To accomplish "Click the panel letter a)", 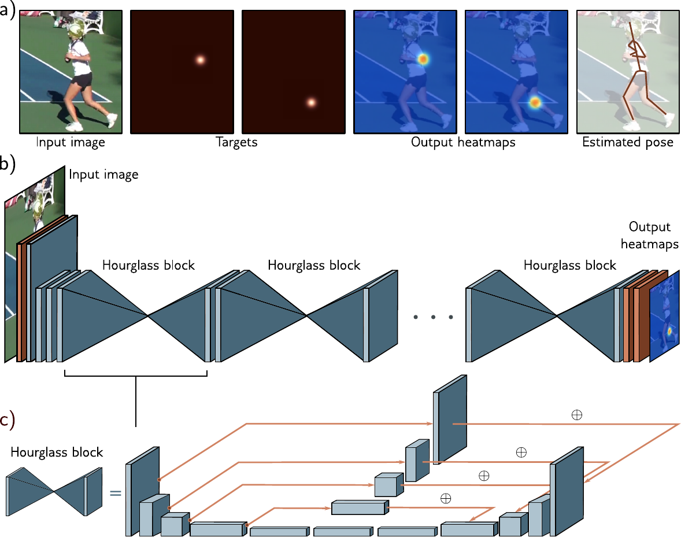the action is pyautogui.click(x=7, y=10).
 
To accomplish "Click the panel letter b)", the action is pyautogui.click(x=8, y=164).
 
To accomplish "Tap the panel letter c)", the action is pyautogui.click(x=8, y=421).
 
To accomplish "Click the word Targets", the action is pyautogui.click(x=236, y=142).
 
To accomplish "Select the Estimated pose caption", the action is pyautogui.click(x=628, y=142).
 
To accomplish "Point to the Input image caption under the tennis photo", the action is pyautogui.click(x=71, y=142).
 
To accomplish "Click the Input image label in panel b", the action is pyautogui.click(x=103, y=174).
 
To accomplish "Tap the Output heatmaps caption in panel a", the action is pyautogui.click(x=463, y=142).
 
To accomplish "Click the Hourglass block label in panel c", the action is pyautogui.click(x=57, y=452).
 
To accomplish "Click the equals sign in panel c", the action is pyautogui.click(x=115, y=493).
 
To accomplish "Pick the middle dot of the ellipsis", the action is pyautogui.click(x=433, y=317).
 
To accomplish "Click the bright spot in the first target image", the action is pyautogui.click(x=200, y=60).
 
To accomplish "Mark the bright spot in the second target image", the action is pyautogui.click(x=311, y=102).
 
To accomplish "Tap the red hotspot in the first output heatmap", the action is pyautogui.click(x=423, y=59).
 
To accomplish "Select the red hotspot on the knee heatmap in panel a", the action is pyautogui.click(x=535, y=102).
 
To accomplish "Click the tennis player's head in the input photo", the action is pyautogui.click(x=76, y=30).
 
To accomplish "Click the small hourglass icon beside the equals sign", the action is pyautogui.click(x=54, y=491).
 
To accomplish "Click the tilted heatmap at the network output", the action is pyautogui.click(x=664, y=316).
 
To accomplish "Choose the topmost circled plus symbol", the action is pyautogui.click(x=577, y=415).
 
